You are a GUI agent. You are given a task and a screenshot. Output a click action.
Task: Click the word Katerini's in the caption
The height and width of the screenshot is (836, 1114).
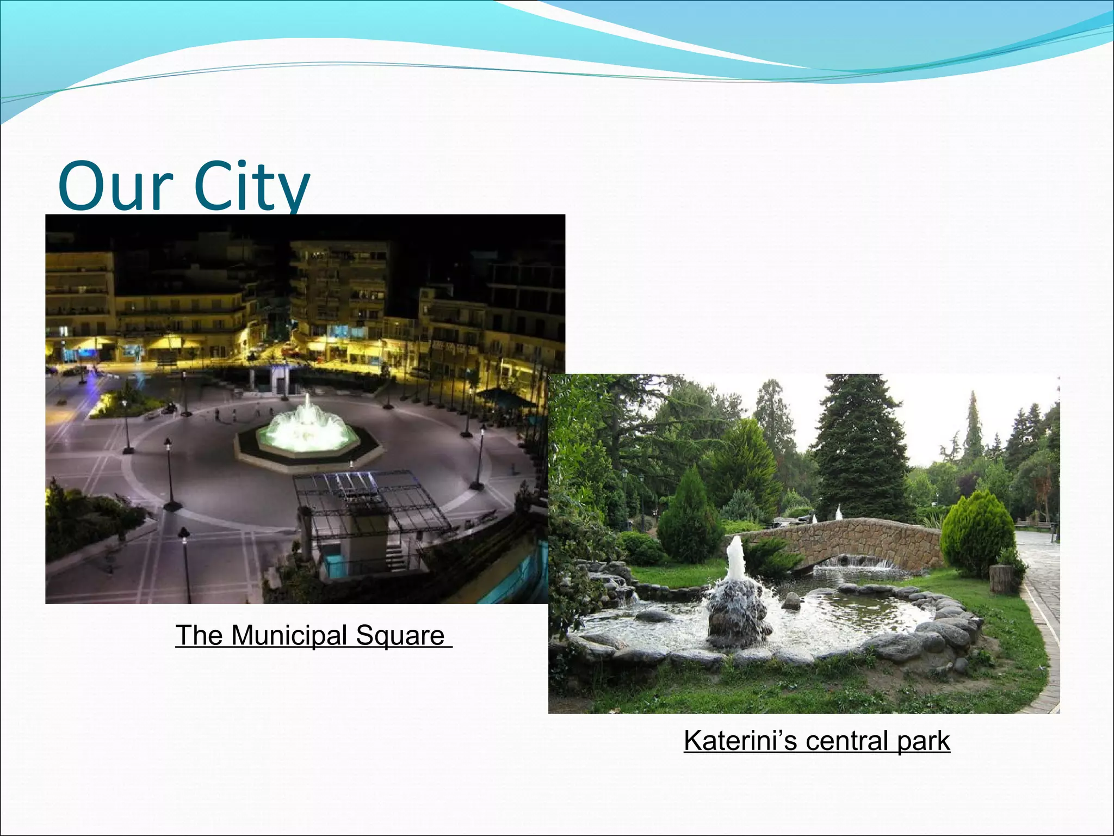pyautogui.click(x=740, y=741)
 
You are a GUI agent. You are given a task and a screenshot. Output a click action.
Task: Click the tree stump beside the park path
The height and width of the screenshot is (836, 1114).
pyautogui.click(x=1000, y=579)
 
